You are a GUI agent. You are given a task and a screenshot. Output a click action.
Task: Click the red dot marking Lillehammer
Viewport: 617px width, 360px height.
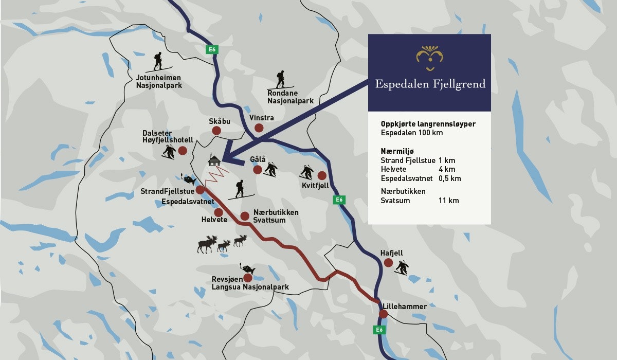383,314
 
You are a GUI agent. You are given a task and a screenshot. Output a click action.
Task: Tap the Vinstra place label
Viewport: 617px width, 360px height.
261,118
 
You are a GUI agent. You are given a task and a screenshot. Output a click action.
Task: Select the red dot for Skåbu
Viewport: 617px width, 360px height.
217,131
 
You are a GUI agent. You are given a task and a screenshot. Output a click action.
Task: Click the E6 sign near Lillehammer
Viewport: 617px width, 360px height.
379,330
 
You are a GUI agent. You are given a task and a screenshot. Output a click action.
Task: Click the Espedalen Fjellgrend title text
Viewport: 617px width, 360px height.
430,84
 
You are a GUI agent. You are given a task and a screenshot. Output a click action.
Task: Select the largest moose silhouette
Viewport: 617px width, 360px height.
207,245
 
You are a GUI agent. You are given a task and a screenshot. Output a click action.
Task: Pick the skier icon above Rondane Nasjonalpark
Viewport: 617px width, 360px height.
280,80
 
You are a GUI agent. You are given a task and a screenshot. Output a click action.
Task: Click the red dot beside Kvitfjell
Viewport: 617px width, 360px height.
322,175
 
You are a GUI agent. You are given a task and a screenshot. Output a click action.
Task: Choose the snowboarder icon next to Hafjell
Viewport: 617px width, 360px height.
401,267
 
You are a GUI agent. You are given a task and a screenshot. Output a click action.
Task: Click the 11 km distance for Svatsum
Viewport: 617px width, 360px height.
449,201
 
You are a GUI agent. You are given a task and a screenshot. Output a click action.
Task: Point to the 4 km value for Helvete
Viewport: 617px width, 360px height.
447,169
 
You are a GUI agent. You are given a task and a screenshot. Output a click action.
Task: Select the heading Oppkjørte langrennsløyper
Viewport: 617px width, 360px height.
428,124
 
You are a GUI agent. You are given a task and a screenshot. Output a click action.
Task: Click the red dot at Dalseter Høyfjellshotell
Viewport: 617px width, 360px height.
183,151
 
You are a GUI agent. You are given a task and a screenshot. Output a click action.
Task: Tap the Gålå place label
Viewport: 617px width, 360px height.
258,159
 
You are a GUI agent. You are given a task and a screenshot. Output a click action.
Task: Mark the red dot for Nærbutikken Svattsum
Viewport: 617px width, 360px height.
245,216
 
